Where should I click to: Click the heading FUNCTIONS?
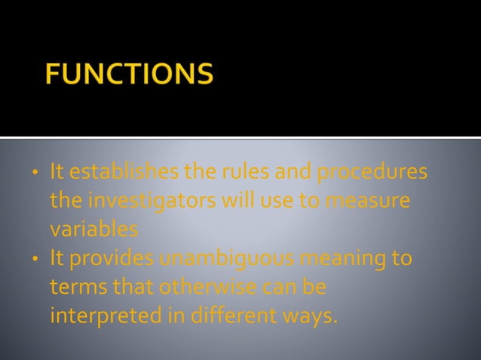pyautogui.click(x=129, y=75)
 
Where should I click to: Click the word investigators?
pyautogui.click(x=144, y=201)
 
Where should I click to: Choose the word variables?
pyautogui.click(x=93, y=228)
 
